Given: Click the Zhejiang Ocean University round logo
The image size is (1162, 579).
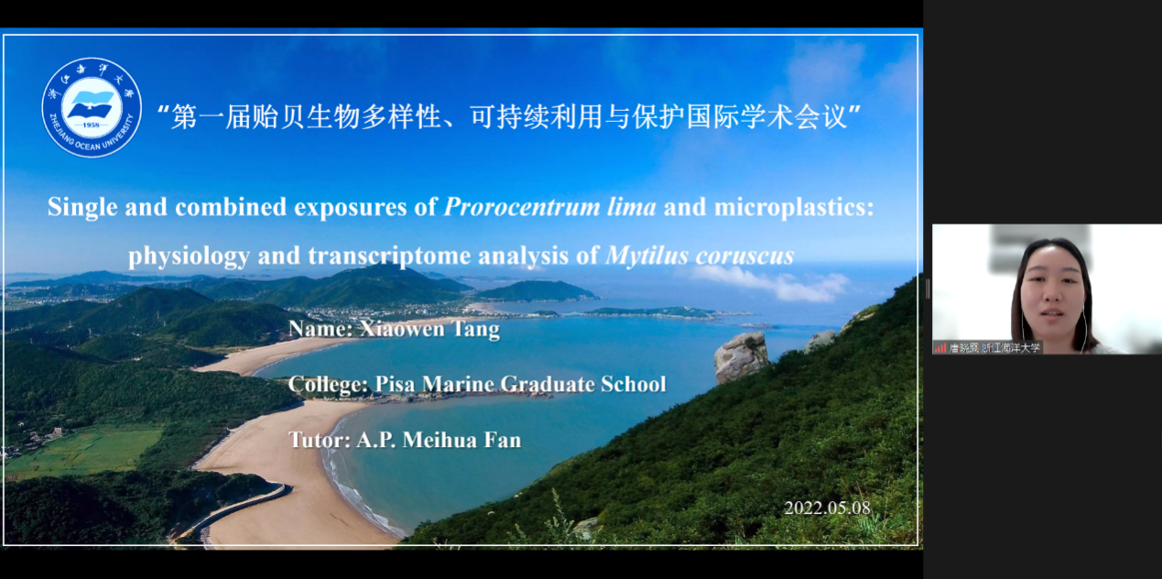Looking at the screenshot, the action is [92, 107].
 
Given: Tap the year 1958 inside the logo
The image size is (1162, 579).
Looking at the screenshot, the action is [91, 125].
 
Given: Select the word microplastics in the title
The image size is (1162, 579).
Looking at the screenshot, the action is [794, 208].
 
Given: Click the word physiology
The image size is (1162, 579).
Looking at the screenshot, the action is [189, 257].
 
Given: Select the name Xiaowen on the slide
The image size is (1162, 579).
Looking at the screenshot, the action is [401, 329].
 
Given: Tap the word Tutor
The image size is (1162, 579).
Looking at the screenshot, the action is [320, 440].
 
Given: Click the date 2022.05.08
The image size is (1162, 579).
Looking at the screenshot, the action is [827, 508].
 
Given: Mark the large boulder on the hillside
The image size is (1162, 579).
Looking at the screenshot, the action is [740, 357].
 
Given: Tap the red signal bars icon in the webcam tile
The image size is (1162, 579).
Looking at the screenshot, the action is [940, 347].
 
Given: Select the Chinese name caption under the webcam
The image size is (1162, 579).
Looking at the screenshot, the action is [994, 347].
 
